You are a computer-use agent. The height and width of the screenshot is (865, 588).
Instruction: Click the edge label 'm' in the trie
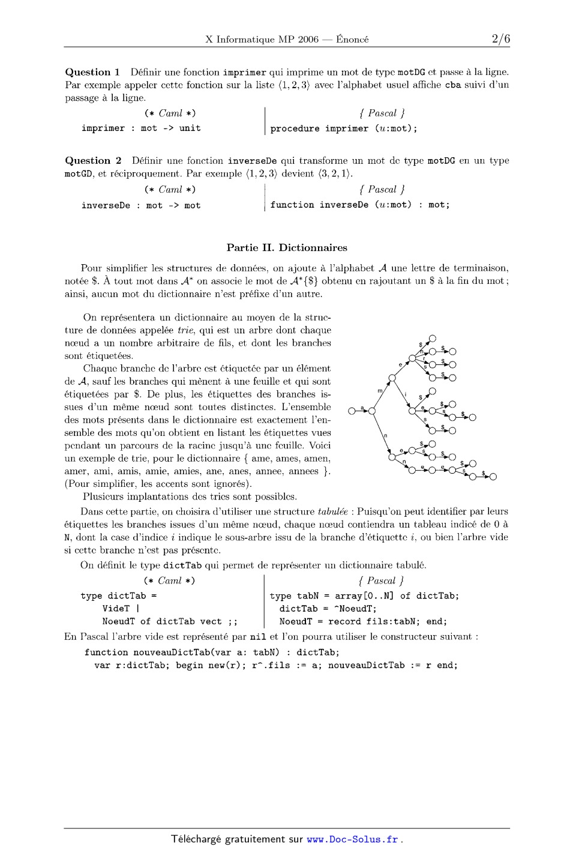[x=380, y=391]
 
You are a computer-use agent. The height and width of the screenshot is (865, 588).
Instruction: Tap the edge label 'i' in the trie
[x=406, y=394]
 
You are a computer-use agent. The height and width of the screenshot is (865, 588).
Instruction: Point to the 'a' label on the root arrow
[x=362, y=408]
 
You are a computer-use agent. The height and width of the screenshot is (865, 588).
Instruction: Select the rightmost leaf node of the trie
[x=493, y=477]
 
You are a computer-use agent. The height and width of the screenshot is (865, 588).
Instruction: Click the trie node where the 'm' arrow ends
[x=392, y=378]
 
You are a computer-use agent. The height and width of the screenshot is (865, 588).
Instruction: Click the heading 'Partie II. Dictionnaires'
[x=287, y=247]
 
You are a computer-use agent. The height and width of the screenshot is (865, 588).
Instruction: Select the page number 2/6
[x=500, y=40]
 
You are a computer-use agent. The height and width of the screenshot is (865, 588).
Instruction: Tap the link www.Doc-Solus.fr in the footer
[x=352, y=839]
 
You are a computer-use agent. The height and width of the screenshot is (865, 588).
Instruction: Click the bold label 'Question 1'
[x=92, y=72]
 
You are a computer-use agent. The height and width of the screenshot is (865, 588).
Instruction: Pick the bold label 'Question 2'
[x=93, y=160]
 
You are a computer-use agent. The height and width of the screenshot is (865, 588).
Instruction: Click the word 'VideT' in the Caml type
[x=116, y=609]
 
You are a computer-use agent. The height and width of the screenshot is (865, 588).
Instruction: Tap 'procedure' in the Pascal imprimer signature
[x=295, y=128]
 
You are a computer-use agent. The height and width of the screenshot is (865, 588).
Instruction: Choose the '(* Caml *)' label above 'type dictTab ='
[x=169, y=580]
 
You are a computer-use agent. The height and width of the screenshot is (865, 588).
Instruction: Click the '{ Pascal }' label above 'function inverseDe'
[x=382, y=189]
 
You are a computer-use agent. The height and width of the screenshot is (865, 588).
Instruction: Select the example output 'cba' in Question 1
[x=452, y=85]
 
